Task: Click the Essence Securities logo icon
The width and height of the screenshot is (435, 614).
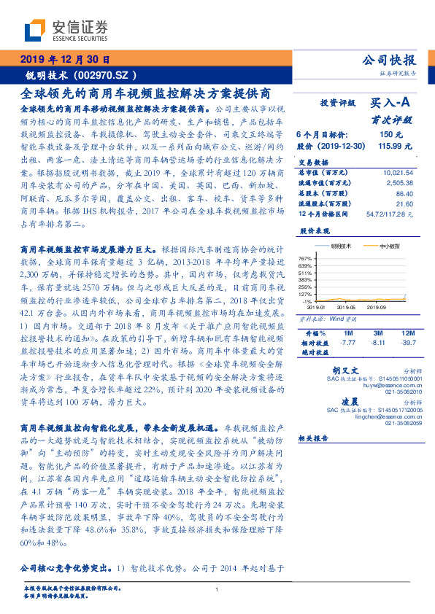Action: pyautogui.click(x=36, y=31)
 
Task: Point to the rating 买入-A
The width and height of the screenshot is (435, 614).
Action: pyautogui.click(x=393, y=104)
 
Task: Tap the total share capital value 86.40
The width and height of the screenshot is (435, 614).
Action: pyautogui.click(x=404, y=194)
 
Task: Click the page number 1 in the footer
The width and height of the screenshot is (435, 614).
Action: pyautogui.click(x=217, y=590)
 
